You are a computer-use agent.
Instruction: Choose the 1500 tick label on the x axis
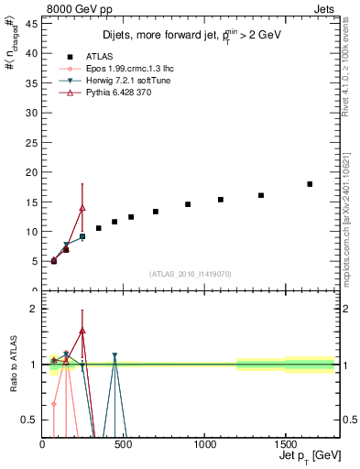click(285, 444)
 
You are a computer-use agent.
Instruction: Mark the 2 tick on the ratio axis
click(34, 309)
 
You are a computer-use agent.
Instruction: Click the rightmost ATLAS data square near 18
click(310, 184)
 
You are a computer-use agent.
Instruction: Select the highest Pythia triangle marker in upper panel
click(82, 207)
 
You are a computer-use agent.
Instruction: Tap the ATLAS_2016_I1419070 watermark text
click(190, 273)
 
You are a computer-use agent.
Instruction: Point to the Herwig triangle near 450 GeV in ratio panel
click(115, 355)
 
